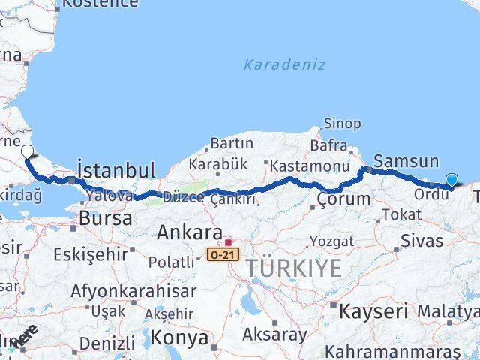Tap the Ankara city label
click(x=189, y=232)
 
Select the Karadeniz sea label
click(x=284, y=64)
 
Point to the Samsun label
click(x=406, y=160)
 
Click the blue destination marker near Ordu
click(x=451, y=179)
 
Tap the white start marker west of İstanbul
click(x=27, y=152)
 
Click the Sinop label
click(x=342, y=124)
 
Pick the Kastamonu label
click(x=310, y=166)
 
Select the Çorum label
click(x=343, y=199)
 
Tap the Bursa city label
click(x=105, y=219)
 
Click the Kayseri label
click(x=373, y=310)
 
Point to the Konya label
click(x=179, y=337)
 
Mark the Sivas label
click(x=422, y=240)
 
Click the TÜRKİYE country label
click(x=295, y=268)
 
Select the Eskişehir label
click(x=91, y=254)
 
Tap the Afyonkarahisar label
click(x=133, y=290)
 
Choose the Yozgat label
click(x=331, y=241)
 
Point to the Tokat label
click(x=401, y=214)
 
